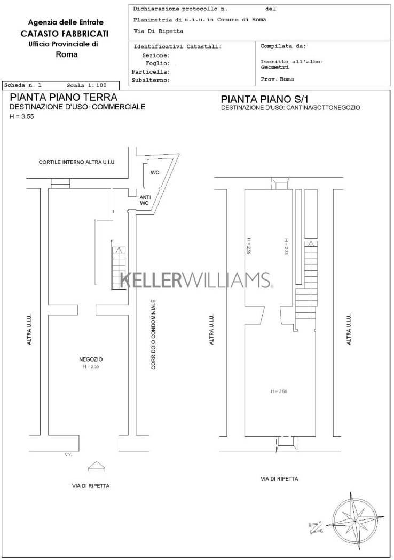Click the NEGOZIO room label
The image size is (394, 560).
click(90, 359)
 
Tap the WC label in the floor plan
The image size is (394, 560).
click(155, 172)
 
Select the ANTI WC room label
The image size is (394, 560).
click(145, 200)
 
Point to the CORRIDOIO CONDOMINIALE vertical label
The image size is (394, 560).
click(153, 334)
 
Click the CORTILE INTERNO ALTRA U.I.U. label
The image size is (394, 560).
click(77, 162)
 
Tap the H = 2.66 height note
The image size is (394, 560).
click(279, 391)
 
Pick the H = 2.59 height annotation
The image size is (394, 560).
click(248, 246)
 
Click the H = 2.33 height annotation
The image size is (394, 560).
click(286, 246)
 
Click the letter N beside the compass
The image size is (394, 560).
click(315, 527)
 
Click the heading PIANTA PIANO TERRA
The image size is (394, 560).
click(64, 97)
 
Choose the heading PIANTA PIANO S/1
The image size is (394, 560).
click(265, 99)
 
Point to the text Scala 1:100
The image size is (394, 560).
click(86, 85)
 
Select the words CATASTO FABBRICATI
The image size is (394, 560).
click(65, 34)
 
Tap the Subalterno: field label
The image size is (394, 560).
click(151, 81)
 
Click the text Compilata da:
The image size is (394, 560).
click(283, 46)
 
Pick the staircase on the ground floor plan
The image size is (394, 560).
click(119, 265)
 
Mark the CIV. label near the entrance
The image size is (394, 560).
click(68, 454)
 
